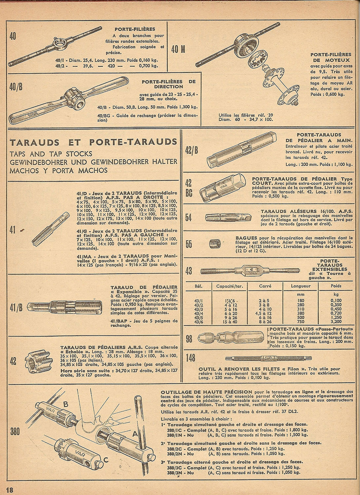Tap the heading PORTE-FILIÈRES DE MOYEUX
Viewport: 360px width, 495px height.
click(331, 57)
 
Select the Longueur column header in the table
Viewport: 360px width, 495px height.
click(301, 286)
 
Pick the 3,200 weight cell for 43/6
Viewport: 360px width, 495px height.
click(336, 321)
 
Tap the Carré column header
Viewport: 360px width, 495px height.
click(265, 286)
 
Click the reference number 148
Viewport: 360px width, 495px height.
click(190, 358)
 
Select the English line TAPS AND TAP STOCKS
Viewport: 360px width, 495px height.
click(51, 153)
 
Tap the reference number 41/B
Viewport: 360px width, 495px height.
click(16, 308)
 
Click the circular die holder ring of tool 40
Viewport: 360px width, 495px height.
click(58, 44)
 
